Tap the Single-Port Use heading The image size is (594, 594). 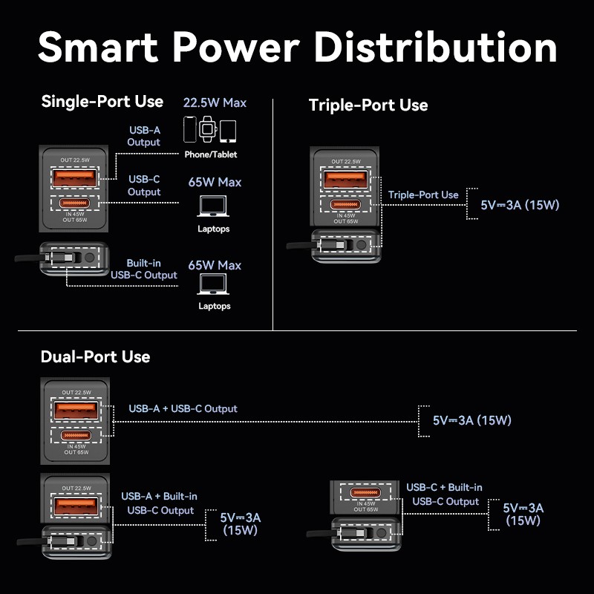pyautogui.click(x=102, y=101)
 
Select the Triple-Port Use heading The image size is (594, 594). pyautogui.click(x=368, y=105)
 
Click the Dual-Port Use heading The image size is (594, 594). pyautogui.click(x=95, y=356)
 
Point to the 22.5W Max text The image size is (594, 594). pyautogui.click(x=215, y=102)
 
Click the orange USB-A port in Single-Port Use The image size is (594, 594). pyautogui.click(x=73, y=178)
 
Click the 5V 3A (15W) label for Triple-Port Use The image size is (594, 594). pyautogui.click(x=519, y=205)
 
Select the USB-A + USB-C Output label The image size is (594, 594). pyautogui.click(x=183, y=408)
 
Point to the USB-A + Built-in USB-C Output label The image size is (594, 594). pyautogui.click(x=160, y=503)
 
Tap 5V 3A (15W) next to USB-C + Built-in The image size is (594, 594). pyautogui.click(x=523, y=514)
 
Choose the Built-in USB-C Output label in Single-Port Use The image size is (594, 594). pyautogui.click(x=143, y=269)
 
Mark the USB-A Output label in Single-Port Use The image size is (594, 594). pyautogui.click(x=143, y=136)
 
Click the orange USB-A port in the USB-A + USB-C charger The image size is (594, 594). pyautogui.click(x=74, y=410)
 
